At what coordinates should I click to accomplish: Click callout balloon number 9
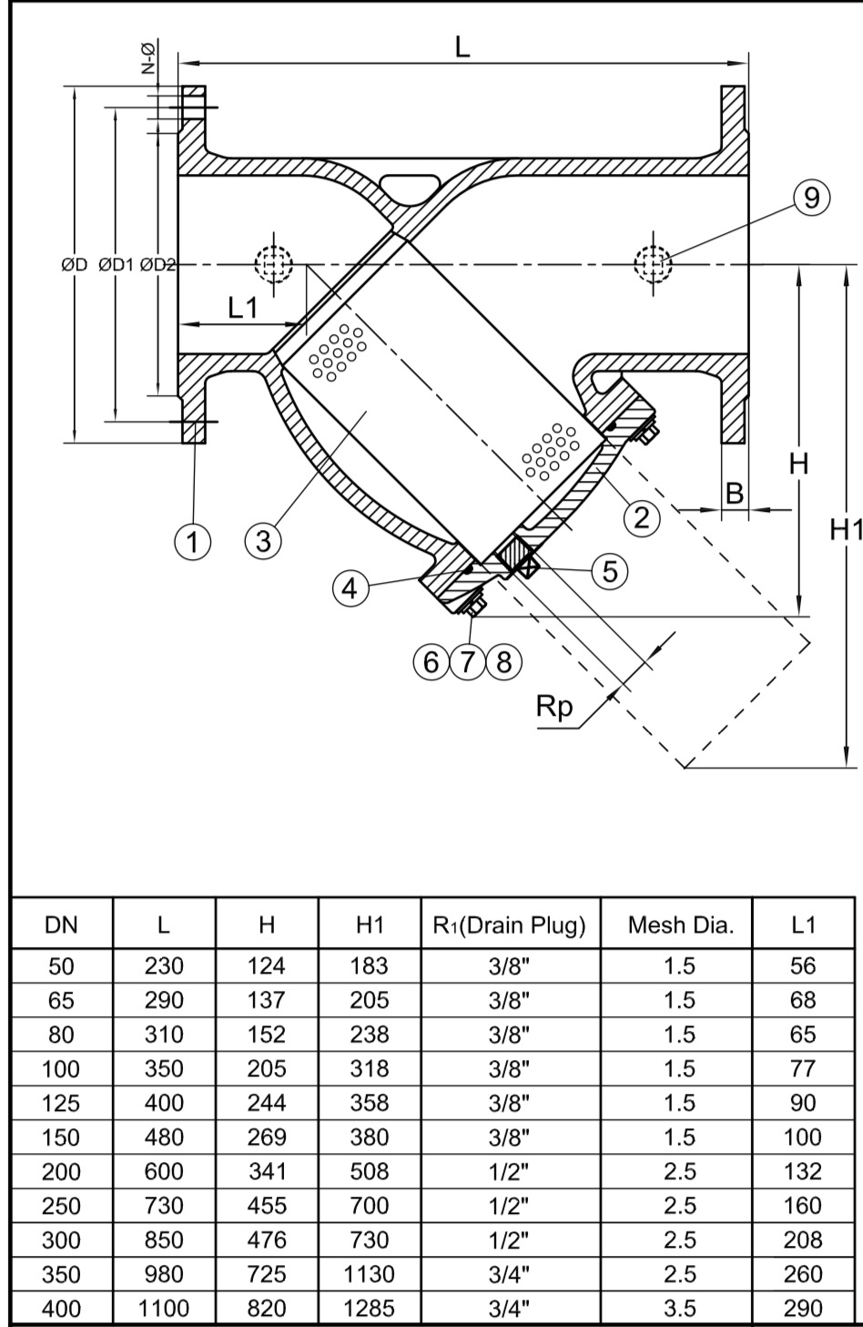tap(811, 198)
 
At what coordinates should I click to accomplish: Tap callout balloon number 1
tap(192, 541)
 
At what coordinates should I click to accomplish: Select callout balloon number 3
tap(263, 541)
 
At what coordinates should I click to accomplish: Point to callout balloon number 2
tap(641, 517)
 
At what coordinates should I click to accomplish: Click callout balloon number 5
tap(610, 571)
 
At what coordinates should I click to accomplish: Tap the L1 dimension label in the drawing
tap(242, 309)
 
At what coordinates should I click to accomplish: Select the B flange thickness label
tap(734, 494)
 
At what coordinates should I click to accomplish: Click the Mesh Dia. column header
tap(680, 926)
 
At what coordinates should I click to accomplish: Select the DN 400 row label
tap(62, 1309)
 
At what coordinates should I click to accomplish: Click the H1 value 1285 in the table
tap(370, 1309)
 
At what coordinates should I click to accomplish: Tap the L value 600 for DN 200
tap(164, 1171)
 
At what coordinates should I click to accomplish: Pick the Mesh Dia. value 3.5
tap(680, 1309)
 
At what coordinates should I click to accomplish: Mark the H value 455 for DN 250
tap(267, 1206)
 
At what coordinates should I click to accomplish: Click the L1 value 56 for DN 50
tap(803, 965)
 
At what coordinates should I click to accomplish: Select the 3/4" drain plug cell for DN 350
tap(510, 1274)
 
